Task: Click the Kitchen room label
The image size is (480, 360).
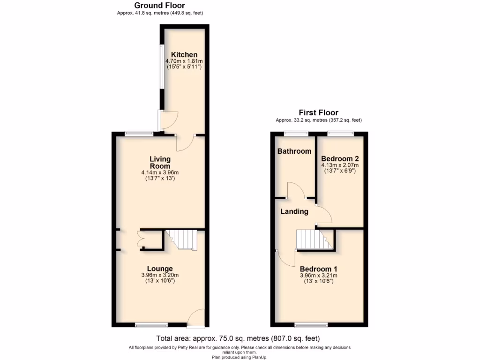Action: tap(184, 55)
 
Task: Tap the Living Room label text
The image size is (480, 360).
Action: tap(160, 163)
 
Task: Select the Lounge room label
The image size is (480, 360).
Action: tap(160, 269)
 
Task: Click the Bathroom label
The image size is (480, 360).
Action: tap(294, 151)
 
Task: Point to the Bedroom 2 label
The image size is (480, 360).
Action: tap(340, 159)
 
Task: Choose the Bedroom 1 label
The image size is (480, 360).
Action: tap(318, 269)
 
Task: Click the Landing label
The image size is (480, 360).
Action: tap(294, 211)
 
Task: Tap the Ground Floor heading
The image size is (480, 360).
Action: tap(159, 6)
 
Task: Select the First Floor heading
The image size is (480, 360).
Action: tap(318, 112)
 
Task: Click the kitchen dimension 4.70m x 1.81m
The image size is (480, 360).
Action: tap(184, 61)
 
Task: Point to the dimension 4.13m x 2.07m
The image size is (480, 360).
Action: tap(340, 165)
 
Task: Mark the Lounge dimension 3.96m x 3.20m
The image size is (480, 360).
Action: tap(160, 275)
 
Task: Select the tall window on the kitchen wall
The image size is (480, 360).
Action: tap(160, 66)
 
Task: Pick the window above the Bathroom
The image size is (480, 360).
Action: tap(293, 134)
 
